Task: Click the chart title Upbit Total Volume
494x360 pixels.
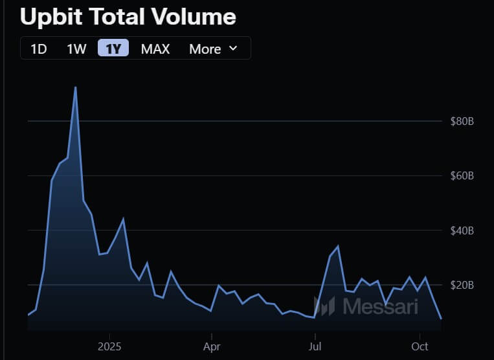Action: tap(128, 17)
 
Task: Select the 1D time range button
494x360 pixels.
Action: tap(39, 49)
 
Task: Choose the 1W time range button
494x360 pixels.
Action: tap(76, 49)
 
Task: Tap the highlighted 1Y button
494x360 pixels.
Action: tap(114, 49)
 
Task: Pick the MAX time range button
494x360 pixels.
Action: tap(155, 49)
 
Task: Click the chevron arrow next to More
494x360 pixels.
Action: tap(233, 49)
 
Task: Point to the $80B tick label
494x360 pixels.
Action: tap(462, 121)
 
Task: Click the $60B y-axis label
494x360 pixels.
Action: tap(462, 175)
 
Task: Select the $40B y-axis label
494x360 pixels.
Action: tap(462, 231)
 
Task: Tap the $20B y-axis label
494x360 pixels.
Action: tap(462, 285)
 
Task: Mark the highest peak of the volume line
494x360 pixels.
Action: tap(76, 87)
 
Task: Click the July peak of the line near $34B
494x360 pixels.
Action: tap(338, 246)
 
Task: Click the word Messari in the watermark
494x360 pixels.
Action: tap(380, 306)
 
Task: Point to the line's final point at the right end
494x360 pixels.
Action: tap(441, 318)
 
